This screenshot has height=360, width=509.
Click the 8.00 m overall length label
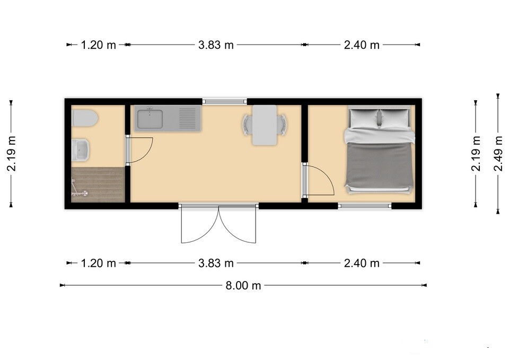(243, 286)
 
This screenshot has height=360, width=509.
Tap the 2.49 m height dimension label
(498, 153)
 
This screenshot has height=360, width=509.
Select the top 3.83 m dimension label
(216, 45)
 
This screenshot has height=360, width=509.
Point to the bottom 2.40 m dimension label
(362, 263)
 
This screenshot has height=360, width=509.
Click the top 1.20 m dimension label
(98, 45)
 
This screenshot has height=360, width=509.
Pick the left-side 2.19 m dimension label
(12, 153)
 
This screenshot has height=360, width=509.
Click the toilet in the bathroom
(84, 118)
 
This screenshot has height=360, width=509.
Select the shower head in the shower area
(85, 193)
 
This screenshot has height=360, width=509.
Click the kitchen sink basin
(150, 119)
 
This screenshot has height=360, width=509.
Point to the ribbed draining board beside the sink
(188, 118)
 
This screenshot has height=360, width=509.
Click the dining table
(265, 125)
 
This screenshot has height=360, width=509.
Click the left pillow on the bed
(364, 118)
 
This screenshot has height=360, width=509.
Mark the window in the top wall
(225, 101)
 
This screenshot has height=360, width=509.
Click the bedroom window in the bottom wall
(365, 206)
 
